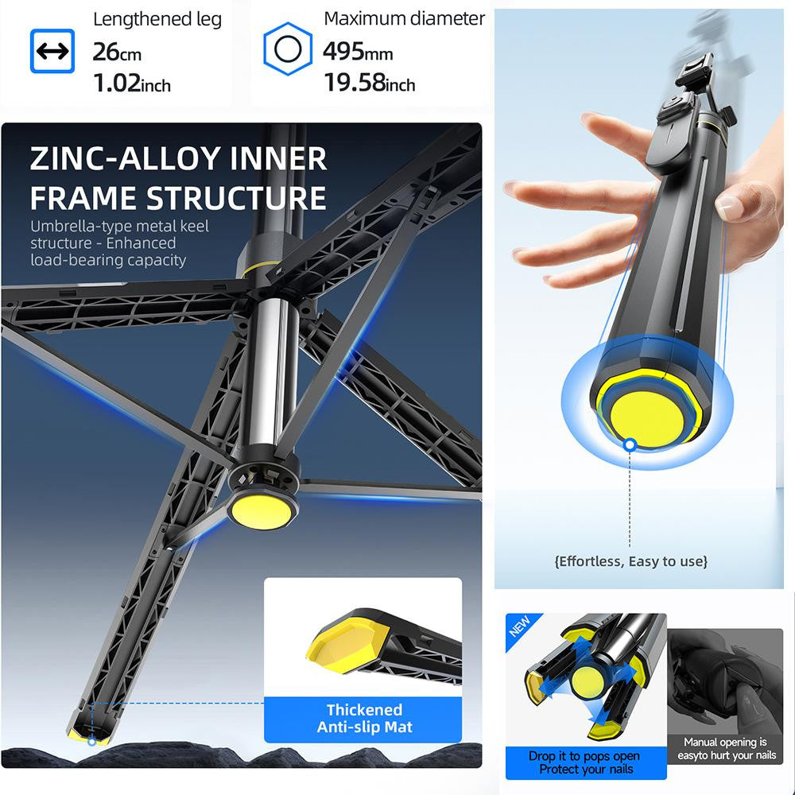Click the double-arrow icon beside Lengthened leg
pos(52,52)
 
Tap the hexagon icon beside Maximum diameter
pos(287,51)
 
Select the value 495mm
pos(358,52)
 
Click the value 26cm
pos(117,52)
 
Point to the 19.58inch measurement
pos(369,82)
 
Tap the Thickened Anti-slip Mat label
pos(364,718)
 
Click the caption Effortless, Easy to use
pos(630,561)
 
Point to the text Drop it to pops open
pos(584,756)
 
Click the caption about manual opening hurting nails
pos(725,749)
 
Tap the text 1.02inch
pos(132,83)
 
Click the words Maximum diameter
pos(404,18)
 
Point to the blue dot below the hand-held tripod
pos(630,445)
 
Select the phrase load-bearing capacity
pos(108,260)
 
